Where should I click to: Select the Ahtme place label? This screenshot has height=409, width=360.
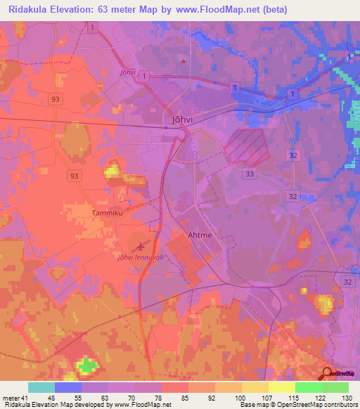coord(200,236)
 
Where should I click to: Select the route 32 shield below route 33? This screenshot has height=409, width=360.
coord(292,196)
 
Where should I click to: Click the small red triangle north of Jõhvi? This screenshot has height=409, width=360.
coord(184,60)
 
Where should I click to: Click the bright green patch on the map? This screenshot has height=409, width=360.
coord(86,365)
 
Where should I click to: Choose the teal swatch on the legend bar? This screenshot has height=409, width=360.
coord(41,387)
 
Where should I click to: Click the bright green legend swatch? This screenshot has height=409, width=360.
coord(308,387)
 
